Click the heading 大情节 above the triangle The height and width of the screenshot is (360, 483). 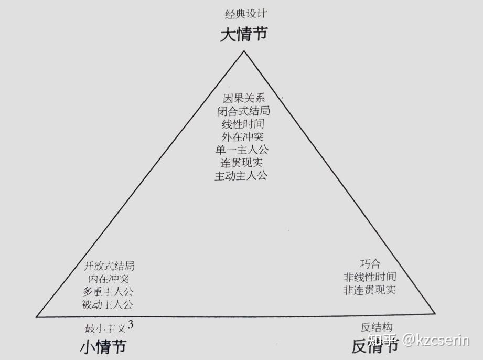(243, 35)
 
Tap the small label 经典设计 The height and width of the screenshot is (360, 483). (242, 14)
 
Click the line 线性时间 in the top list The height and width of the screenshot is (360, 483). (243, 124)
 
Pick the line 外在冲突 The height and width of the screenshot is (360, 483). (242, 137)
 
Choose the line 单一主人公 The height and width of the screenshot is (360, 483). (242, 150)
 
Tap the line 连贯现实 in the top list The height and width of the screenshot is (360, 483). (242, 163)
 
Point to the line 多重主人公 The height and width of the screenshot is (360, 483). (108, 292)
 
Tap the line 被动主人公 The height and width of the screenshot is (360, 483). (108, 304)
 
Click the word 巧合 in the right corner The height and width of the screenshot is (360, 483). (370, 263)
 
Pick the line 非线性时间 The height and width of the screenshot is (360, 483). (370, 277)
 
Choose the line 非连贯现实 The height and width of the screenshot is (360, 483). (370, 290)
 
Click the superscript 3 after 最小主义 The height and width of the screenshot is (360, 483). (131, 325)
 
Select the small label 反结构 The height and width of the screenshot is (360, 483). (377, 326)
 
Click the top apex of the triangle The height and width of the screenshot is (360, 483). (243, 51)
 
